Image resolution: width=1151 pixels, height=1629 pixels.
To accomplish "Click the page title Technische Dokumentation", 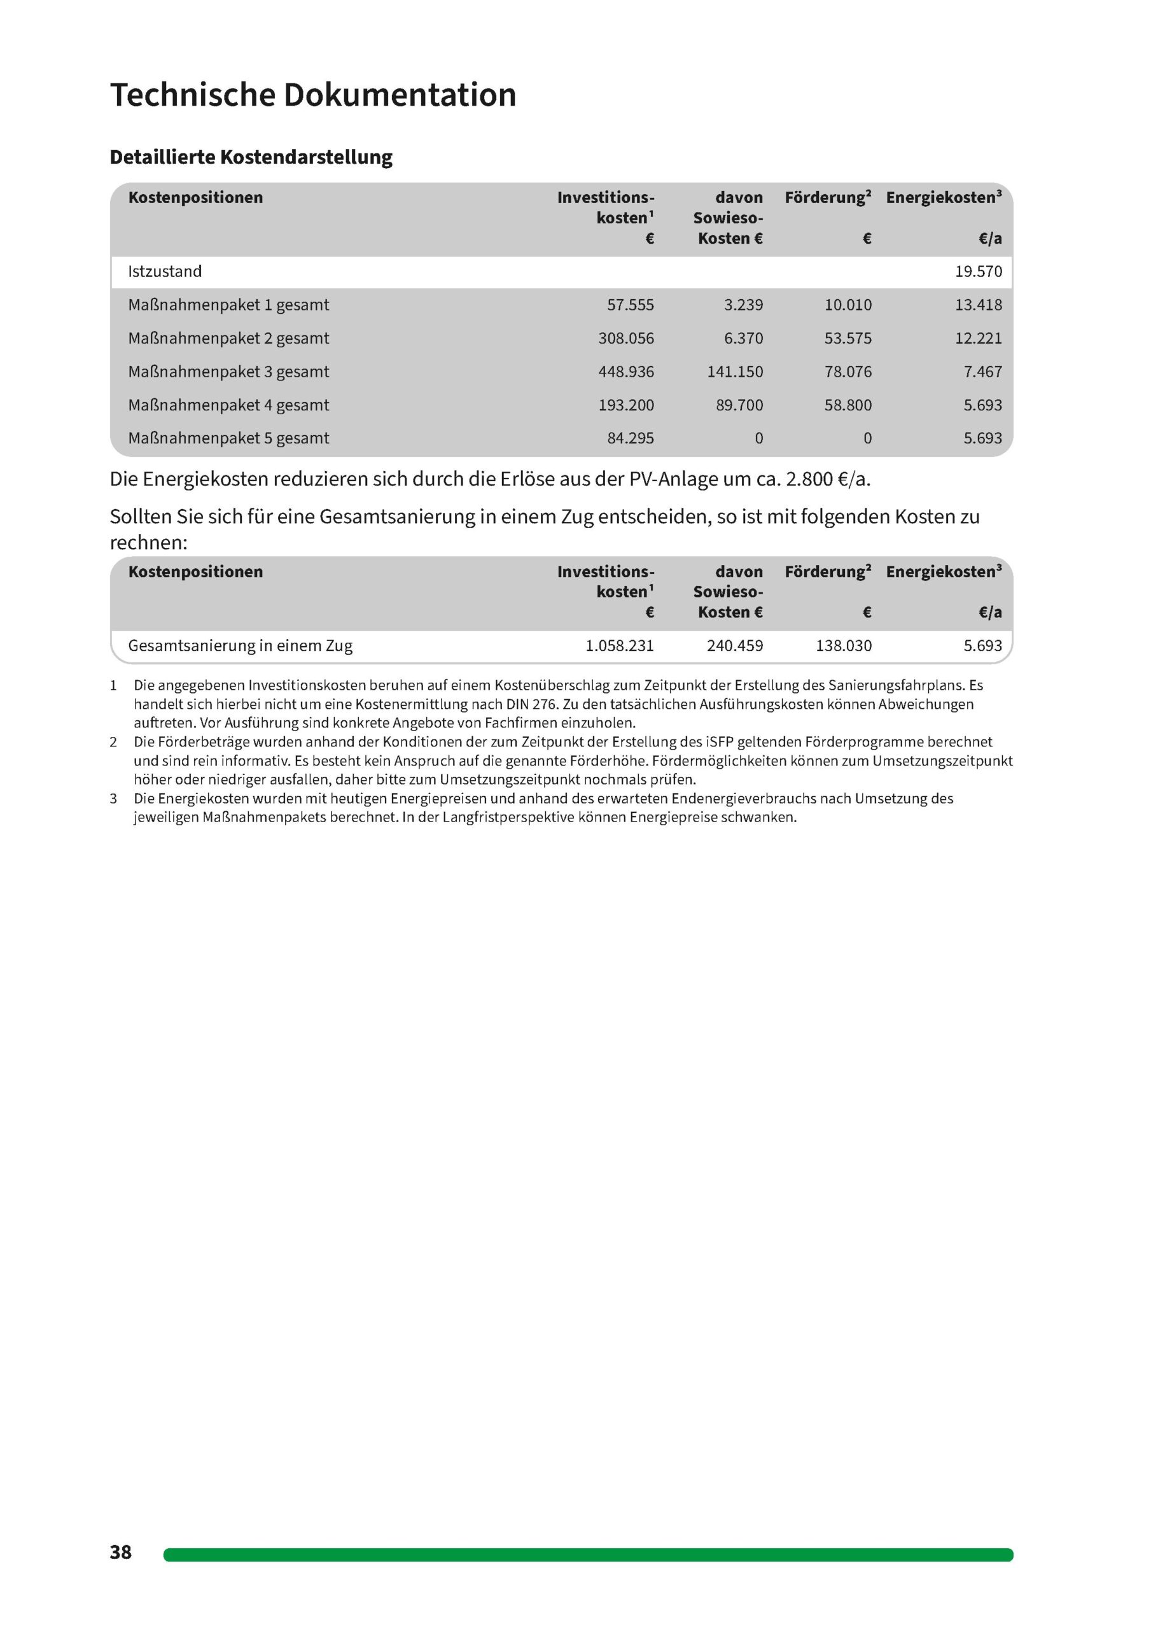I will pyautogui.click(x=313, y=95).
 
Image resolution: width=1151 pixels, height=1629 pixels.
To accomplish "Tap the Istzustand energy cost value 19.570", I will pyautogui.click(x=978, y=272).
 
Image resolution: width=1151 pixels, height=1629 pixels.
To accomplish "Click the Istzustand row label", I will pyautogui.click(x=165, y=272).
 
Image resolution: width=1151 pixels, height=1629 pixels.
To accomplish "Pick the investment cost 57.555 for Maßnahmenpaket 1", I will pyautogui.click(x=630, y=305).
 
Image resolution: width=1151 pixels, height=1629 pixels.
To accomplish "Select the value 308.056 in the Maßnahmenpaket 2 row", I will pyautogui.click(x=626, y=339).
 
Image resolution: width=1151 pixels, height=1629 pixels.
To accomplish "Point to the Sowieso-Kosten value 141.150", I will pyautogui.click(x=734, y=372).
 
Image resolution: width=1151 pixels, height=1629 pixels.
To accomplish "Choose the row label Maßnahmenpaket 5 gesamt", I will pyautogui.click(x=228, y=438).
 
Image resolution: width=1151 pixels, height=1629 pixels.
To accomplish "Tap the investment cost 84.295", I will pyautogui.click(x=630, y=438).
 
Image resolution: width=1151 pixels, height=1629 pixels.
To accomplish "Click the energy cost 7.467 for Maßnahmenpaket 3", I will pyautogui.click(x=982, y=372).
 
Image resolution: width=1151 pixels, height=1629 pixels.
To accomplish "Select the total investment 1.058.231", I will pyautogui.click(x=620, y=646).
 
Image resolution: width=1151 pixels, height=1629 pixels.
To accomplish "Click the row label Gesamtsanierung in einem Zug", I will pyautogui.click(x=240, y=646).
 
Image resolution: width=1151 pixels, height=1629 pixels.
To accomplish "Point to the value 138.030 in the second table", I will pyautogui.click(x=843, y=646).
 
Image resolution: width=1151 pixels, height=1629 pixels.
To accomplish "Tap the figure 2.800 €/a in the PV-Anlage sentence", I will pyautogui.click(x=827, y=480).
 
